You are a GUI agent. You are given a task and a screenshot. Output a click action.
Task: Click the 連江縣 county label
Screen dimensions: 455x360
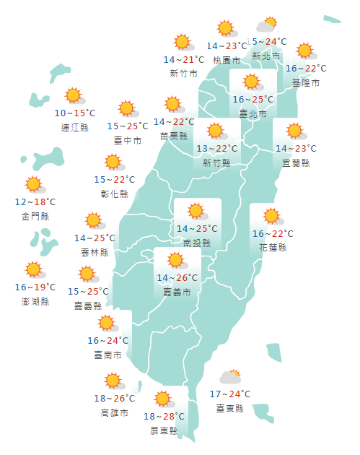tap(75, 128)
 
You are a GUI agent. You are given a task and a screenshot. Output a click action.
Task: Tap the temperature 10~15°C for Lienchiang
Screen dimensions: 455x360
tap(75, 113)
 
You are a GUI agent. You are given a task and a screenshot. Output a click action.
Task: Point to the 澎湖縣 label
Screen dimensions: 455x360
tap(35, 301)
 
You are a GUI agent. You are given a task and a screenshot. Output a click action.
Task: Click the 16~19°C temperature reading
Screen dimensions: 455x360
tap(35, 287)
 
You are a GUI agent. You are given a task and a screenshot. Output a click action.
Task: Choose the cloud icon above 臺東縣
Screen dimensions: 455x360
tap(230, 377)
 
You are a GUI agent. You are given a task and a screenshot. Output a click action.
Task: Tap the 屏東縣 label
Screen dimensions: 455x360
tap(164, 431)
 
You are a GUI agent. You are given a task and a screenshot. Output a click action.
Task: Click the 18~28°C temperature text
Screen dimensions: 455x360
tap(164, 417)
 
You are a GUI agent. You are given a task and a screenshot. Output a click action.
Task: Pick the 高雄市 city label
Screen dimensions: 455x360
tap(115, 412)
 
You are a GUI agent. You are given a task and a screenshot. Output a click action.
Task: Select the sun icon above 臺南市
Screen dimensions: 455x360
tap(107, 323)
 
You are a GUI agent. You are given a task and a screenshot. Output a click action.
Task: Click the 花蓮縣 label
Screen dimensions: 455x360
tap(273, 248)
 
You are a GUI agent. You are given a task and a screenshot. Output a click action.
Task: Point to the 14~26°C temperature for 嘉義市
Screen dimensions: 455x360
tap(177, 278)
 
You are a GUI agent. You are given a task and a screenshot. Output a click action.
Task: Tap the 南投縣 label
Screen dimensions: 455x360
tap(197, 243)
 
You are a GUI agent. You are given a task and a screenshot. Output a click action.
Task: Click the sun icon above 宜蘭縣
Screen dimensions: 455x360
tap(294, 131)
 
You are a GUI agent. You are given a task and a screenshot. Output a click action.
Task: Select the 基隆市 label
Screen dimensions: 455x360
tap(306, 83)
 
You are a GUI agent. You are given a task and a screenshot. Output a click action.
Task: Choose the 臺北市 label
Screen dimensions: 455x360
tap(253, 114)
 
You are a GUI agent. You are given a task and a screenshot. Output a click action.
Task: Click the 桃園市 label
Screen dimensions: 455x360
tap(227, 60)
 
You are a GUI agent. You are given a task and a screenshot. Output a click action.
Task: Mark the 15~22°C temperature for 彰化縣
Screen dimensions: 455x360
tap(115, 180)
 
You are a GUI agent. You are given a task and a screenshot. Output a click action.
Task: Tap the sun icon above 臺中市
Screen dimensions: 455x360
tap(128, 109)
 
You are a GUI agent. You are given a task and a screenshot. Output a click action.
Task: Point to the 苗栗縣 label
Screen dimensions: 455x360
tap(174, 136)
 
